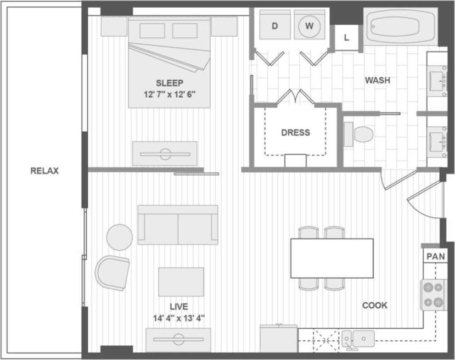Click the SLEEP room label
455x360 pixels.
(169, 83)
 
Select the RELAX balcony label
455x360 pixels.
(44, 171)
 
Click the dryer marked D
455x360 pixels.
(274, 26)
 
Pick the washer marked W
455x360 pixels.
(310, 26)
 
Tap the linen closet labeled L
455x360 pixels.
(346, 37)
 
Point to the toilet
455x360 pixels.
(359, 133)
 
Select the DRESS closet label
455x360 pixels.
(295, 132)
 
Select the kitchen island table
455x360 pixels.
(332, 258)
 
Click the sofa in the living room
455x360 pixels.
(178, 225)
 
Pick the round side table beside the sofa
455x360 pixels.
(119, 237)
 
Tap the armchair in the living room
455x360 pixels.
(114, 272)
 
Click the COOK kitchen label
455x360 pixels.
(375, 306)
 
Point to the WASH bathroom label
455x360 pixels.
(378, 80)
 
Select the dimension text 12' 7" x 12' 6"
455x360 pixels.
(169, 94)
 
